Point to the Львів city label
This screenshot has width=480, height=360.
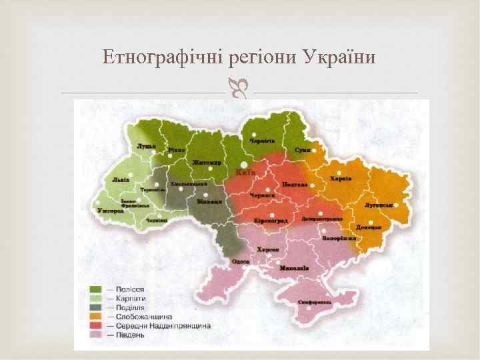tap(121, 179)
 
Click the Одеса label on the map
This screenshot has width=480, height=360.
tap(241, 261)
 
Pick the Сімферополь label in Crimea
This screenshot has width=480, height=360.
tap(316, 302)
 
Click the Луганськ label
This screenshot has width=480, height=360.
tap(378, 205)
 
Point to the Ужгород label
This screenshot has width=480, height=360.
tap(111, 211)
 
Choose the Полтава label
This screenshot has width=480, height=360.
tap(294, 184)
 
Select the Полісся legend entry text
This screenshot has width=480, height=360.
tap(131, 289)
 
